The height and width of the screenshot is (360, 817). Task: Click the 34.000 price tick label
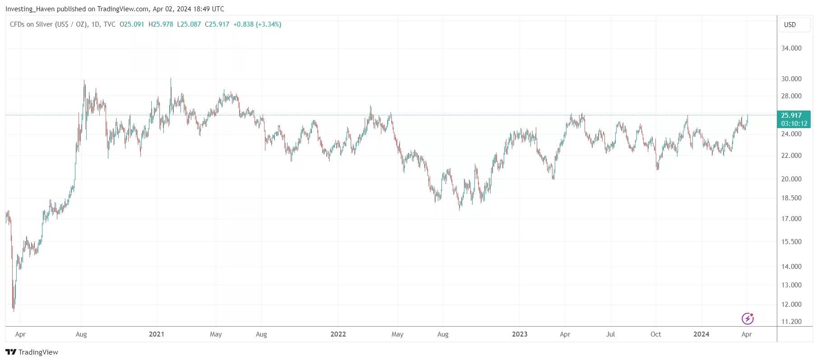[791, 48]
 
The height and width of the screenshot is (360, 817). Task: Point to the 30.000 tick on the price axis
[791, 79]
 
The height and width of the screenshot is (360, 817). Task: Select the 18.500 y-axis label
[791, 198]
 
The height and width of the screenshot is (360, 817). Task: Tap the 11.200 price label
[791, 322]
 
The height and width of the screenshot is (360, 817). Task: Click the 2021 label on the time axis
[156, 334]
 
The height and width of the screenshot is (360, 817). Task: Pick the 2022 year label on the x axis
[338, 334]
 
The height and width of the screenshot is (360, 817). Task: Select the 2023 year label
[520, 334]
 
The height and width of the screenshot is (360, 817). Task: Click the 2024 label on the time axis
[701, 334]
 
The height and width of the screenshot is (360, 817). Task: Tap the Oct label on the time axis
[655, 334]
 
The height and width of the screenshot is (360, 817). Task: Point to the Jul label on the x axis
[610, 334]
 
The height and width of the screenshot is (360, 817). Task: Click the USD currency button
[790, 25]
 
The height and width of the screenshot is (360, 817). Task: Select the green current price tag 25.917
[794, 119]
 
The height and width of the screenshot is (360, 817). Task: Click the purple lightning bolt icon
[747, 319]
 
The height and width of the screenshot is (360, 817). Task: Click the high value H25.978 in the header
[161, 24]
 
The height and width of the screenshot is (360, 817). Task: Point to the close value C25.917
[217, 24]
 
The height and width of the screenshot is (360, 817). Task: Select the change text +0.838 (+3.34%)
[257, 24]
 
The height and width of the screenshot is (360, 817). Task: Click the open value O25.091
[132, 24]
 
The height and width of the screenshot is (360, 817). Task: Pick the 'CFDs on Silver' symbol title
[31, 24]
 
